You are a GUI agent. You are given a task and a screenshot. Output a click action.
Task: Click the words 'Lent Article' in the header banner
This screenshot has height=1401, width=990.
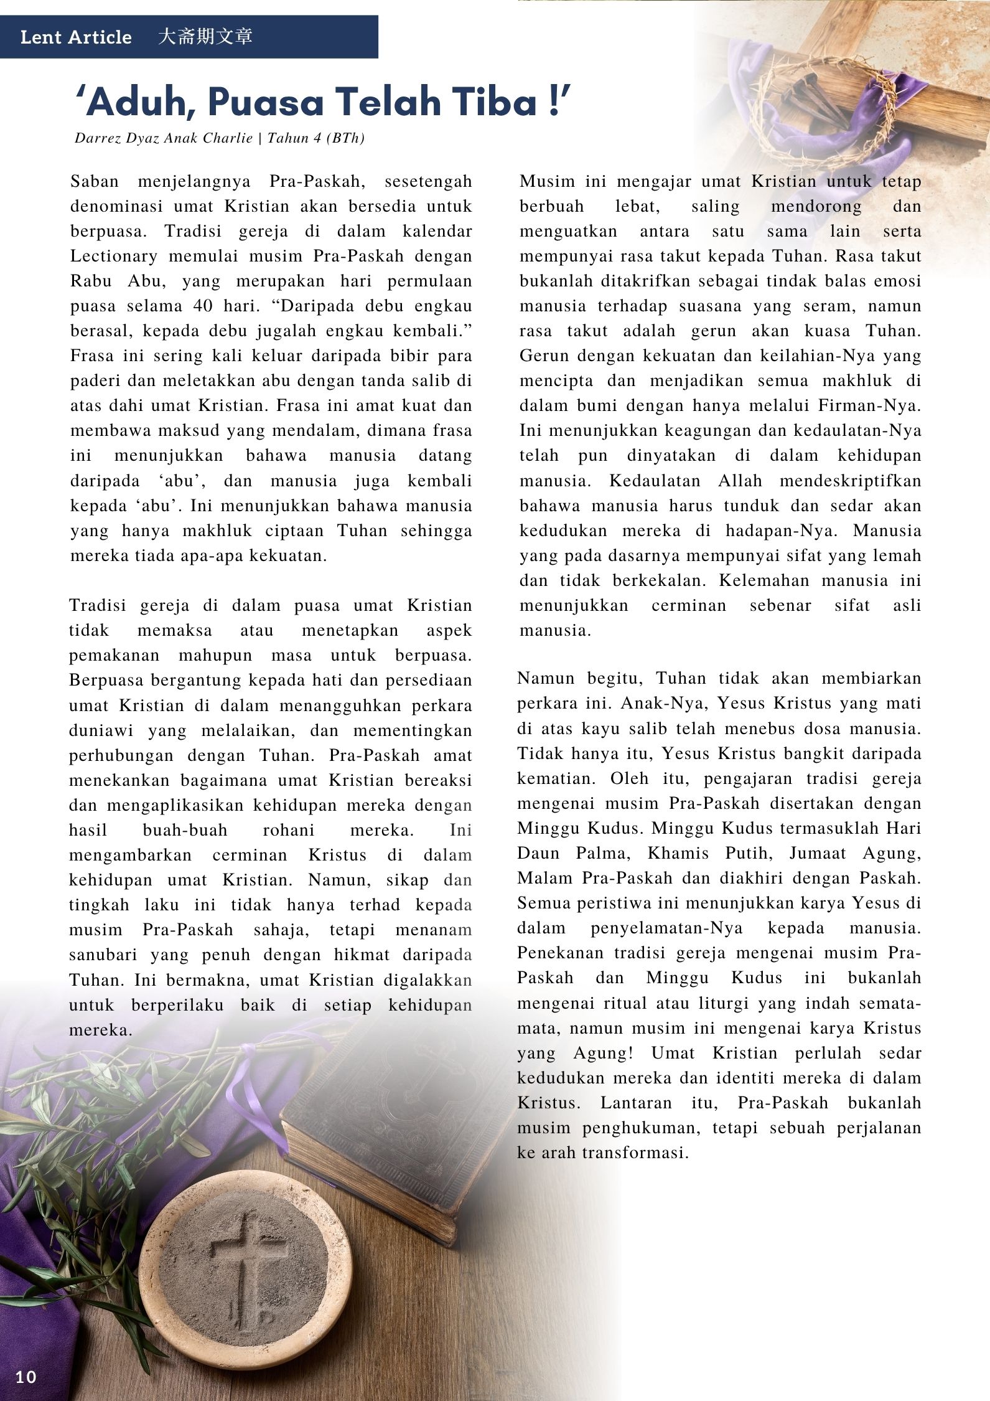76,37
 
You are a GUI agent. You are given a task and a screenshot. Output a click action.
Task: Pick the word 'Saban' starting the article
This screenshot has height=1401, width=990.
93,182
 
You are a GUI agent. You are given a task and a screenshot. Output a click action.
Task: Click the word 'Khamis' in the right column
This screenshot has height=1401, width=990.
673,853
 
